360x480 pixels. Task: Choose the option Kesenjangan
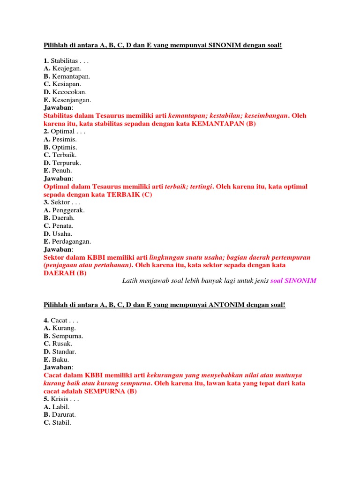point(72,100)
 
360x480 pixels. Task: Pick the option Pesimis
point(65,139)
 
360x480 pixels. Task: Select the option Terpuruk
point(67,163)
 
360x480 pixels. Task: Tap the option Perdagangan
point(72,241)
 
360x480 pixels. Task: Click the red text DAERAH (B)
point(65,273)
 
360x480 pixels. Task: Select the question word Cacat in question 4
point(59,320)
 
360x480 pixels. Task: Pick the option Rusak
point(62,344)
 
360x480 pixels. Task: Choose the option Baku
point(60,360)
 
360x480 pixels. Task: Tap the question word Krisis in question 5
point(60,399)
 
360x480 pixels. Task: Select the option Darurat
point(64,414)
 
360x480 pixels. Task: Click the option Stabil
point(62,422)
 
